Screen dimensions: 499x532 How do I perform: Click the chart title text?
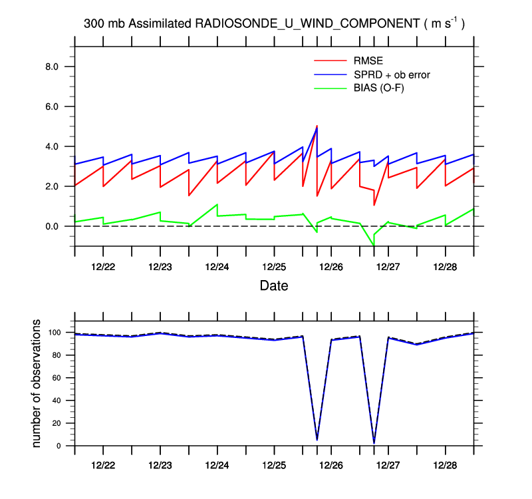(274, 23)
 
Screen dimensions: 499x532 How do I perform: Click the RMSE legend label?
(366, 63)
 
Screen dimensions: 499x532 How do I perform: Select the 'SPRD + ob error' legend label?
(392, 75)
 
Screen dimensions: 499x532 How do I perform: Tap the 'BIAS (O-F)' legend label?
(380, 88)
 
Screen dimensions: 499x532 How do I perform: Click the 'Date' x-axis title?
(274, 285)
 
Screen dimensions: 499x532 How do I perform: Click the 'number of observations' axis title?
(37, 384)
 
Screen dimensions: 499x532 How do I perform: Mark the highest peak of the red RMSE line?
(317, 126)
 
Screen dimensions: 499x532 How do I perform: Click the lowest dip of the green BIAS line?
(374, 246)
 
